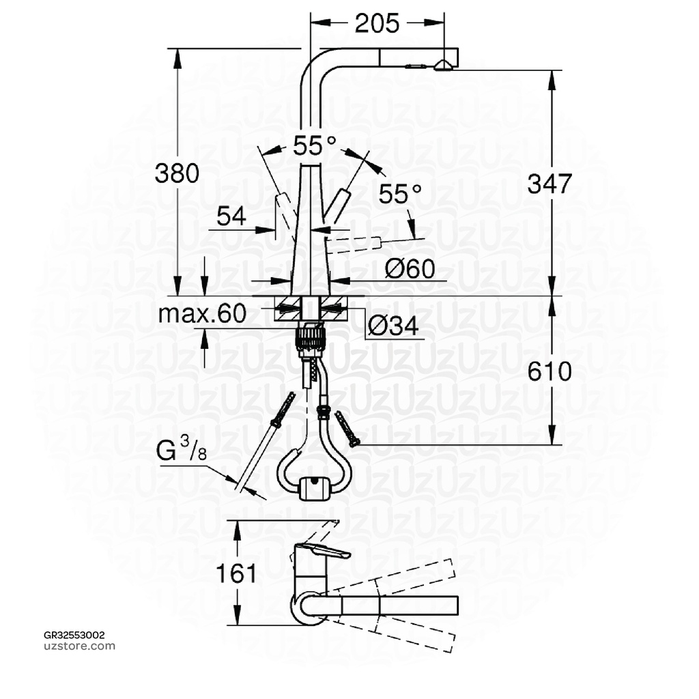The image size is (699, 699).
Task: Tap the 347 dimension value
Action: pos(550,183)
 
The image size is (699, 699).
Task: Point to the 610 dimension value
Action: pos(550,371)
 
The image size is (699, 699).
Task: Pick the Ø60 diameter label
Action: pos(410,269)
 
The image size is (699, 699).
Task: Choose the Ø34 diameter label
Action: pos(393,326)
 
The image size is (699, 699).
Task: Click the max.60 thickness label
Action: pos(201,314)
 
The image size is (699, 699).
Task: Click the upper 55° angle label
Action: pos(315,145)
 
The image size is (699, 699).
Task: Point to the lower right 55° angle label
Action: pos(401,194)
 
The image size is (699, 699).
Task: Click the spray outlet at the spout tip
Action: pos(442,65)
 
